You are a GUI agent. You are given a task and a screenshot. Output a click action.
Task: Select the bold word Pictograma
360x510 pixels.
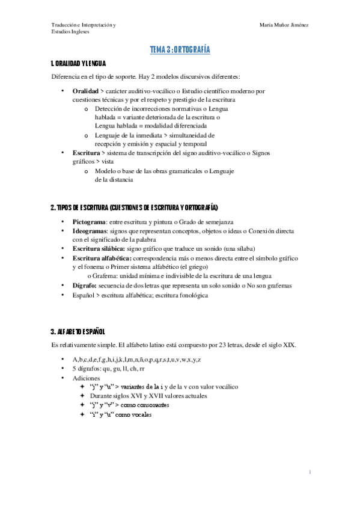click(x=89, y=222)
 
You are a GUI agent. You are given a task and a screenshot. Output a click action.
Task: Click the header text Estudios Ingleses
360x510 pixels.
click(x=70, y=32)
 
